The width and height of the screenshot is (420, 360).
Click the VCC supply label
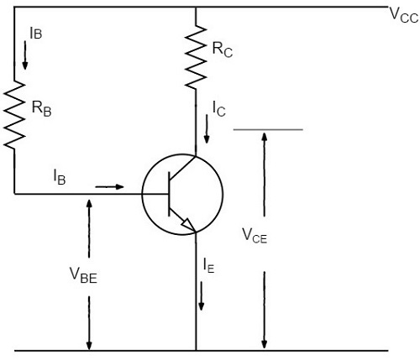(402, 15)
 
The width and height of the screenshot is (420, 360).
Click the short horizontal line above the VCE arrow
(267, 130)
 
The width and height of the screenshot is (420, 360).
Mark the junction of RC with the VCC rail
(196, 8)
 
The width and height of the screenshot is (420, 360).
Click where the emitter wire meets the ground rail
(196, 350)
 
